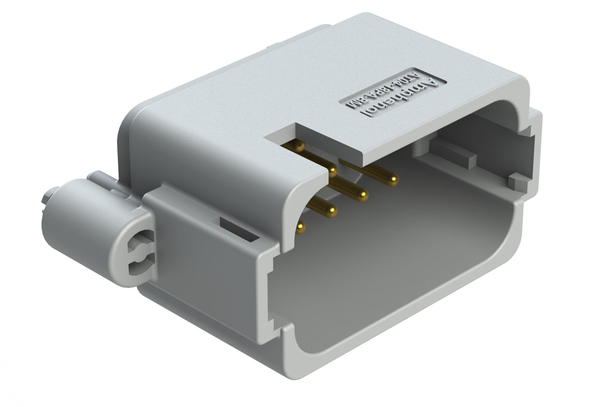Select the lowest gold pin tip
[x=301, y=229]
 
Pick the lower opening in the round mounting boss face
[x=137, y=264]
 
